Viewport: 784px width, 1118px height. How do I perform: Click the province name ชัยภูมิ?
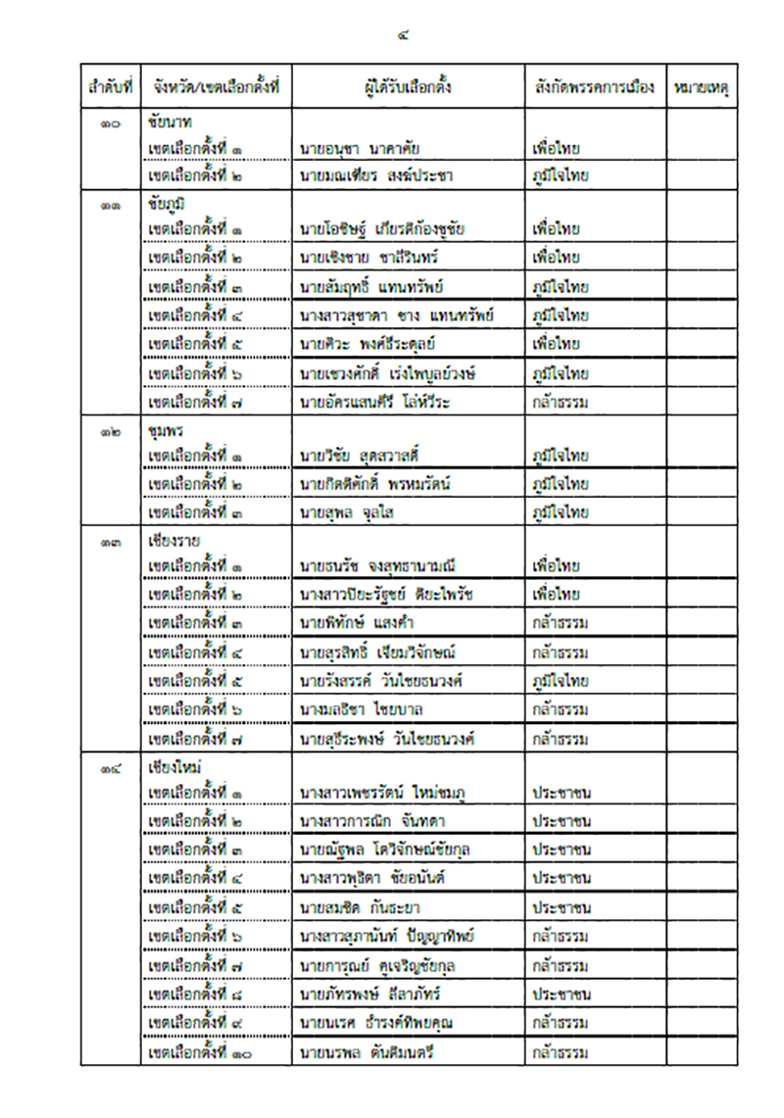coord(169,203)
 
